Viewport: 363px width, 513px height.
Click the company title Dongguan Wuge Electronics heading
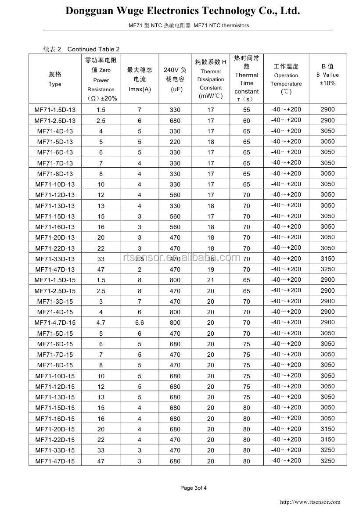click(x=183, y=11)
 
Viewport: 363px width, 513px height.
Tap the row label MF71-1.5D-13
click(x=55, y=110)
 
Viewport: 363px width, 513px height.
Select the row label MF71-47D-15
click(x=55, y=461)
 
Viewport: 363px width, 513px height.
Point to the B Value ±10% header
click(x=327, y=75)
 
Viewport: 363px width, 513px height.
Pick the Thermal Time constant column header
click(x=246, y=79)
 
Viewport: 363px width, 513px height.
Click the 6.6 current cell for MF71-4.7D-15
click(x=140, y=323)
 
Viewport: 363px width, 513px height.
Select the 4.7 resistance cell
click(x=101, y=323)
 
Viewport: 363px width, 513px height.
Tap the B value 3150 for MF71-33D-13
click(x=327, y=258)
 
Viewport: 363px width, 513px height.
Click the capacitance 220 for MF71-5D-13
click(x=175, y=142)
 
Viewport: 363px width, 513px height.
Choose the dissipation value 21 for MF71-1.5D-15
click(x=211, y=280)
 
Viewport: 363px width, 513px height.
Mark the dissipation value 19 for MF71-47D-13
click(x=211, y=269)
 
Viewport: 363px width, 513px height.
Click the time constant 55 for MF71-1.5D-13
click(x=246, y=110)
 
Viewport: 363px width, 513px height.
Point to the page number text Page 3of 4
click(x=194, y=488)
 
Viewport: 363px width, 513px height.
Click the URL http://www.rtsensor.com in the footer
click(x=310, y=502)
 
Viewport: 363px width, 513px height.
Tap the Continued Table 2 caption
click(x=93, y=49)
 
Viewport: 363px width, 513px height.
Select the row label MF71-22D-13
click(x=55, y=248)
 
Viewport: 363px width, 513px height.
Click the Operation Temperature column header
click(x=286, y=79)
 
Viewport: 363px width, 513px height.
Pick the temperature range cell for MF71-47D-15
click(x=286, y=460)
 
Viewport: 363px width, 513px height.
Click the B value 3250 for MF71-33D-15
click(x=327, y=450)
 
